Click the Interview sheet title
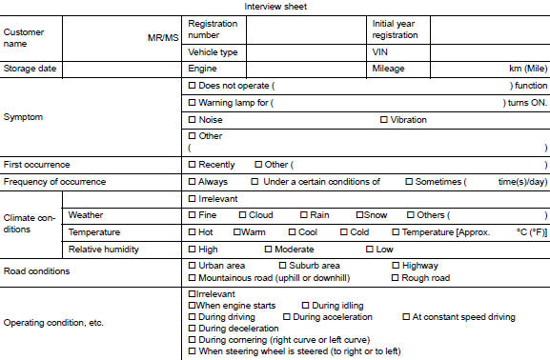coord(275,7)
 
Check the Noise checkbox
coord(193,120)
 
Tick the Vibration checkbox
coord(384,120)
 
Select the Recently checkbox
coord(193,165)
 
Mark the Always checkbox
coord(193,181)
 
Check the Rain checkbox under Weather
coord(303,215)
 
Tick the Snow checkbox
coord(359,215)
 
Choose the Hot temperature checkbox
coord(193,231)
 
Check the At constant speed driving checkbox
coord(407,316)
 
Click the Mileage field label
coord(389,69)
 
